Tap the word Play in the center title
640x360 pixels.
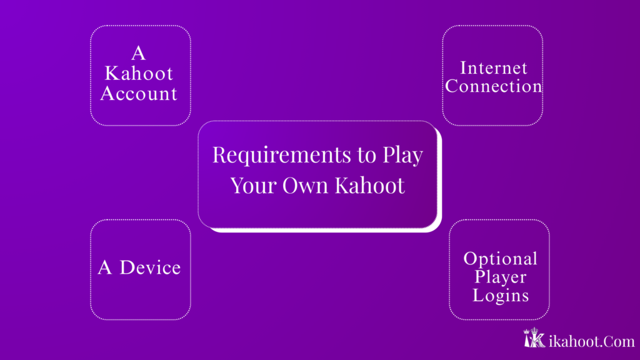402,155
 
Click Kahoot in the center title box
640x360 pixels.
369,186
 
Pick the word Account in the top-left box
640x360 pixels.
139,94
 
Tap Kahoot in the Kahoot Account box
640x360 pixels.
139,74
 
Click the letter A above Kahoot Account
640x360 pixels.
139,54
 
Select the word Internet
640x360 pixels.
494,67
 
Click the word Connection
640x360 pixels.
494,86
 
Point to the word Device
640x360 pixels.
150,267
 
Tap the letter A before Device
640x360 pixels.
105,267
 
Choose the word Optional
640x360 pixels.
500,258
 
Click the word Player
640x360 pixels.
500,277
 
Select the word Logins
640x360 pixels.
500,295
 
